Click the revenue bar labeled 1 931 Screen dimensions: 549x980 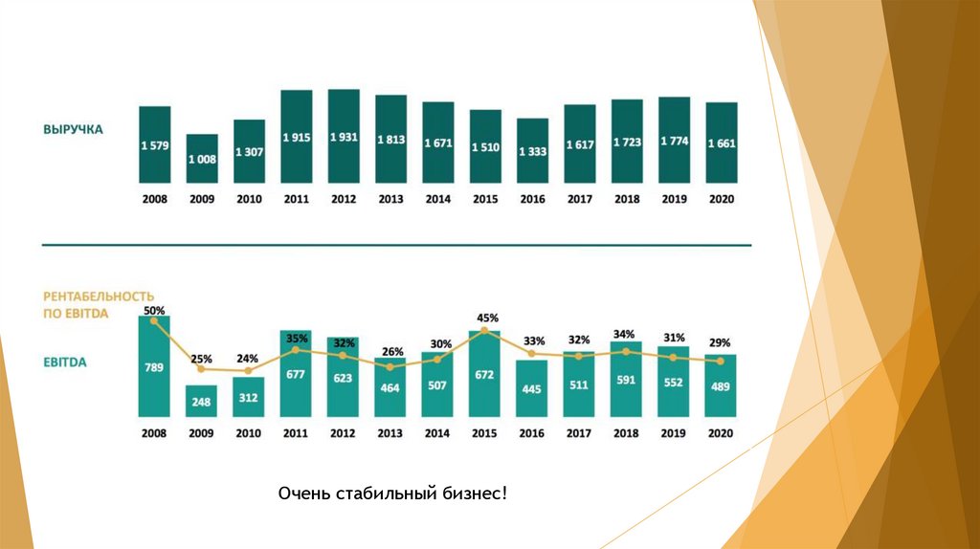tap(344, 136)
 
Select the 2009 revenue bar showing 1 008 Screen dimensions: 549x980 tap(202, 159)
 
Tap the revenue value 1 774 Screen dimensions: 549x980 tap(674, 142)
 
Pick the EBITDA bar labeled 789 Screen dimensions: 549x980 tap(154, 366)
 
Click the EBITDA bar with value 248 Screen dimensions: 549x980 tap(202, 401)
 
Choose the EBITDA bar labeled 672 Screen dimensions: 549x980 tap(484, 374)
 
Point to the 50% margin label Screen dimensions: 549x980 tap(154, 311)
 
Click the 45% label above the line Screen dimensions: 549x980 tap(487, 318)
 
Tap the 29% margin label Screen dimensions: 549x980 tap(721, 342)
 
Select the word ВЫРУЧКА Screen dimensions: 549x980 tap(73, 128)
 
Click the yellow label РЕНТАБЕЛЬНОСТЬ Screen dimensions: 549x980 tap(99, 296)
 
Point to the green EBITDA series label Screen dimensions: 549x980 tap(65, 363)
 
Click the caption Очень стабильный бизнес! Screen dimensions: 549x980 tap(392, 493)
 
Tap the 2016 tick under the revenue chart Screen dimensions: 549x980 tap(532, 199)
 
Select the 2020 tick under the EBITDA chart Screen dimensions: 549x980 tap(721, 433)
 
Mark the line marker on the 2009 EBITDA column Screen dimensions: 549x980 tap(201, 368)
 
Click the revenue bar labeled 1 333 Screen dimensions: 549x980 tap(532, 151)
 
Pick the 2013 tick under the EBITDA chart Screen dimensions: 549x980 tap(390, 433)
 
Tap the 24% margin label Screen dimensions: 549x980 tap(248, 359)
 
